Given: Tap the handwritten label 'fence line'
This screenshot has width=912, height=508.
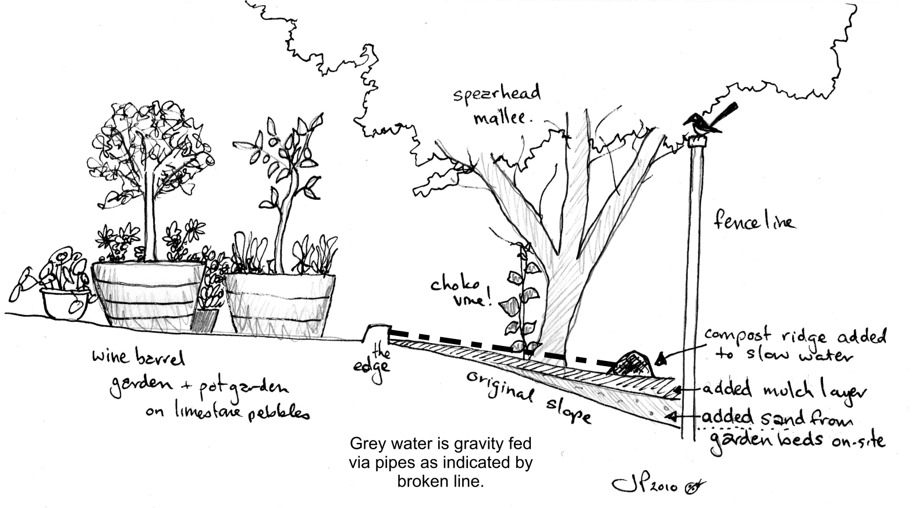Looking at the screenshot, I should click(x=754, y=221).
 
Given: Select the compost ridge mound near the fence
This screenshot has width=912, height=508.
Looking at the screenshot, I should click(x=633, y=364).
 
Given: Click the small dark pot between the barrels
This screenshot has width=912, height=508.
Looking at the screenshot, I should click(x=205, y=320).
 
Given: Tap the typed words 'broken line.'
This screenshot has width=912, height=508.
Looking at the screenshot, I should click(x=440, y=482).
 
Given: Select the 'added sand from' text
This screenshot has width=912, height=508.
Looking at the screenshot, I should click(x=777, y=418).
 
